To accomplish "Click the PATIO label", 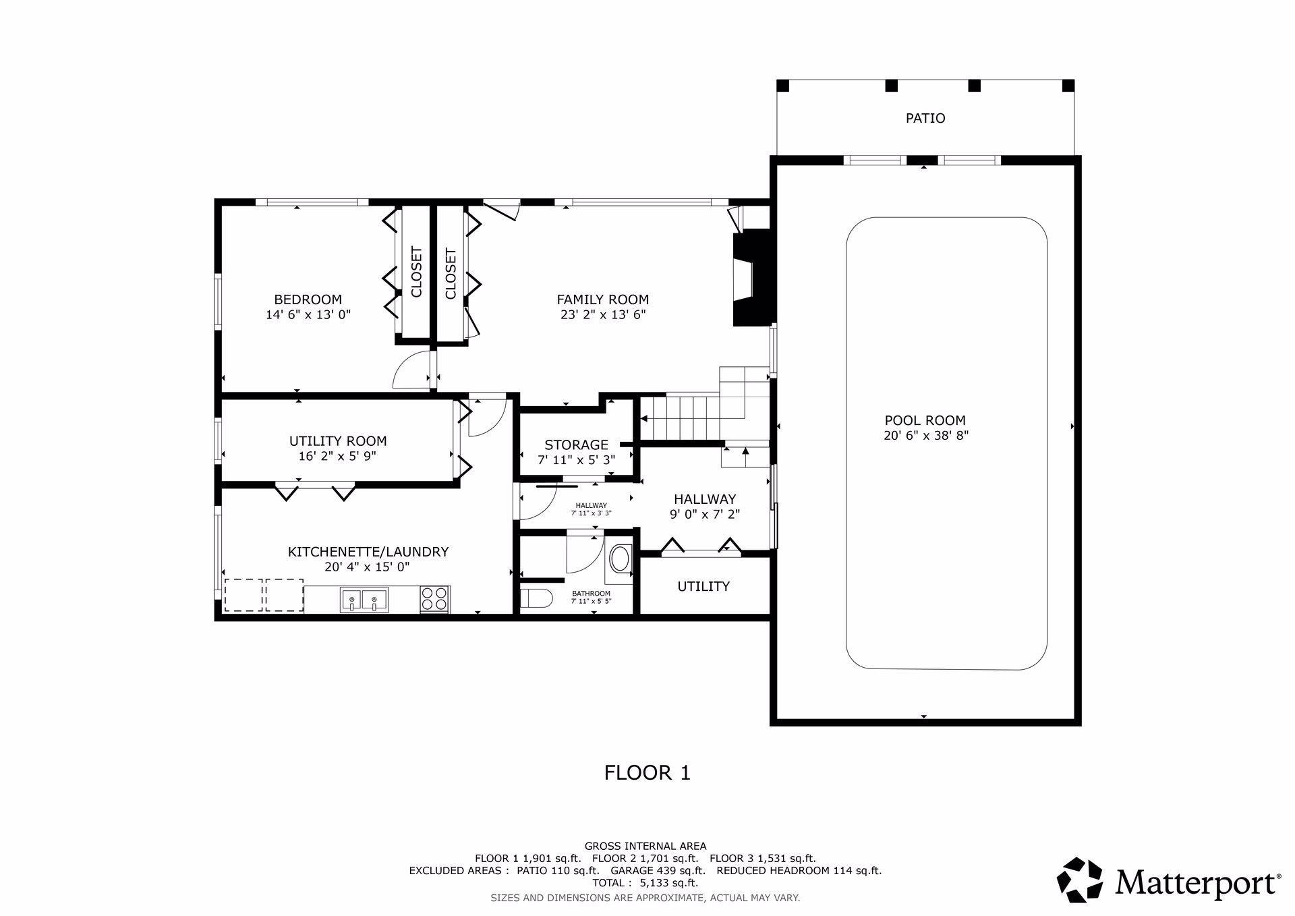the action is coord(925,118).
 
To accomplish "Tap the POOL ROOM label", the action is coord(925,420).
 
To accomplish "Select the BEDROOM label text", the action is coord(308,299).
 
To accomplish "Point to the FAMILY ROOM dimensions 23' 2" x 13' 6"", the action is coord(603,314).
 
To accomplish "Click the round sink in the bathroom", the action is coord(619,559).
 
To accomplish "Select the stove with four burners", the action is coord(435,599).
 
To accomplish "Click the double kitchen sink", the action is coord(364,600).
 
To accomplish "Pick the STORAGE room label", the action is coord(577,445).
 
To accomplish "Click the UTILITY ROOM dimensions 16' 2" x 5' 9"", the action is coord(338,456).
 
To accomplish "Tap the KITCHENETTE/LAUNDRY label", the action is coord(368,552).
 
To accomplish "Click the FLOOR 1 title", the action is coord(647,772).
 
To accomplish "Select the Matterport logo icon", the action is coord(1080,880).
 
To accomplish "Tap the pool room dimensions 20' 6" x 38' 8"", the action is coord(926,436).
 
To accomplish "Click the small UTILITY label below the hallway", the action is coord(703,586).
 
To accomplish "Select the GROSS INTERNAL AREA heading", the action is coord(645,846).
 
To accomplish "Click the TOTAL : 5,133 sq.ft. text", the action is coord(645,883).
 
